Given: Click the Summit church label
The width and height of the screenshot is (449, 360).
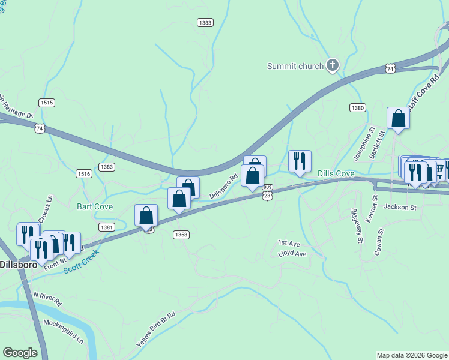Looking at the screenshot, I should pos(295,66).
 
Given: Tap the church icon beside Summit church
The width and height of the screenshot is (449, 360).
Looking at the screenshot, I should pos(333,65).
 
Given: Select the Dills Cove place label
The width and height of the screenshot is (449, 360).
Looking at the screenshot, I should pos(336,173).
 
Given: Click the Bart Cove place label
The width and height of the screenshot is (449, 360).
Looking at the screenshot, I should pos(95,206).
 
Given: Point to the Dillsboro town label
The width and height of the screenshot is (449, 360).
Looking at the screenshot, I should pos(18,264).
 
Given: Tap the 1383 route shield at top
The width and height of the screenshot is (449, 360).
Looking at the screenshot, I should pos(205,22).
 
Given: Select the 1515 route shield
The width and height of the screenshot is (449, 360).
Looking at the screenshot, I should pos(47,103).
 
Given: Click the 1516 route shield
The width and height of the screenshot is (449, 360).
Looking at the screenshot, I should pos(84,173).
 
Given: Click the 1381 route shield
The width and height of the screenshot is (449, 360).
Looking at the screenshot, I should pos(107,227).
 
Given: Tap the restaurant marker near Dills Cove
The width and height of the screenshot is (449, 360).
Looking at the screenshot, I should pos(300,161).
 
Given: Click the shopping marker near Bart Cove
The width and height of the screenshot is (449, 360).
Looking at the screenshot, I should pos(146,215).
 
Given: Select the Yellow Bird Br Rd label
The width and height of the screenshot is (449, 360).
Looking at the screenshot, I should pos(155,329).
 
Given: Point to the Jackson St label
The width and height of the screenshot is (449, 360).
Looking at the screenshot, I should pos(400,207).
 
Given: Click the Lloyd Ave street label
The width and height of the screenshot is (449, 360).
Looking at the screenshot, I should pos(292,254).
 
